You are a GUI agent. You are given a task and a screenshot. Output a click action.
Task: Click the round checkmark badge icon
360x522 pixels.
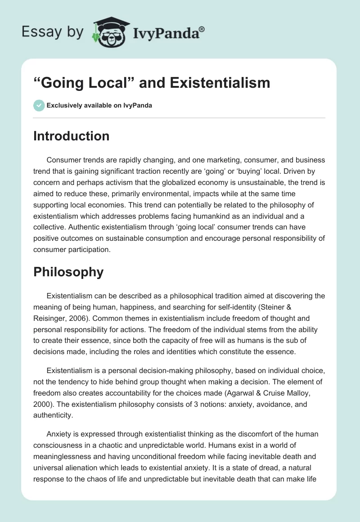pos(39,105)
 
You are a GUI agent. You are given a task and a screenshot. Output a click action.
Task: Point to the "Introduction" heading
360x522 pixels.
pos(71,136)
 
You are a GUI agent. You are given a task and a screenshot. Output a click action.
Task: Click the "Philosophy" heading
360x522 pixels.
pos(68,272)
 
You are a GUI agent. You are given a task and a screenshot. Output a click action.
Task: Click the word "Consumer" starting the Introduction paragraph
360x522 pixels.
pos(64,160)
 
